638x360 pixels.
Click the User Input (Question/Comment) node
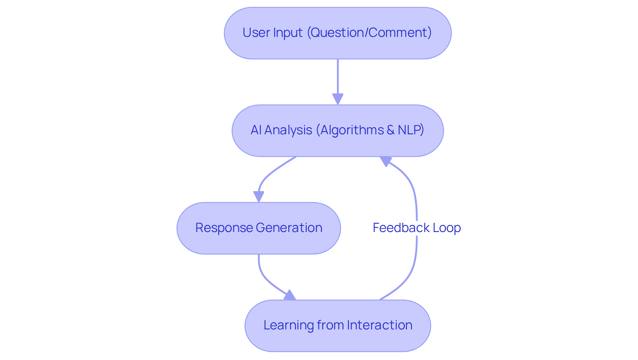point(338,33)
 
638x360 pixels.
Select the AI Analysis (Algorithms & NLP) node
point(338,131)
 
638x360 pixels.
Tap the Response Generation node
point(259,228)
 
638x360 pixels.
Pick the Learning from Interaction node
point(338,326)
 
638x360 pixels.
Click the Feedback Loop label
point(417,228)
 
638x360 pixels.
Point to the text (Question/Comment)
point(369,33)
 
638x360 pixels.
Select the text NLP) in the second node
point(411,130)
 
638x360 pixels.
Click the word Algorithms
point(351,130)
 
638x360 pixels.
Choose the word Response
point(224,228)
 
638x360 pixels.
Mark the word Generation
point(289,228)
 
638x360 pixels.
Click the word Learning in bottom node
point(288,325)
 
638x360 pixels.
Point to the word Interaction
point(379,325)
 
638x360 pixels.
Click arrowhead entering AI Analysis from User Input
point(338,99)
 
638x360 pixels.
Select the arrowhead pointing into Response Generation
point(259,196)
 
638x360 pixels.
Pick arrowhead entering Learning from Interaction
point(290,296)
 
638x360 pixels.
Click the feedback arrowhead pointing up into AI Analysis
point(385,161)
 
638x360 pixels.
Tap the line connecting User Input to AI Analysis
point(338,76)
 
